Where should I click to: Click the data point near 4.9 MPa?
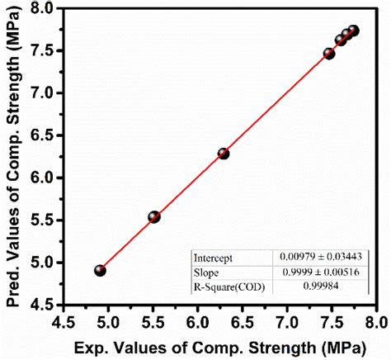pos(100,270)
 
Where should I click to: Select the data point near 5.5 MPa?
pos(153,217)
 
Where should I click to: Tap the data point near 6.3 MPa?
pos(223,154)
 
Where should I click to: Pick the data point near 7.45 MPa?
pos(329,54)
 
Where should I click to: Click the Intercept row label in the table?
pos(212,257)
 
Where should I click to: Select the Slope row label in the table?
pos(206,271)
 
